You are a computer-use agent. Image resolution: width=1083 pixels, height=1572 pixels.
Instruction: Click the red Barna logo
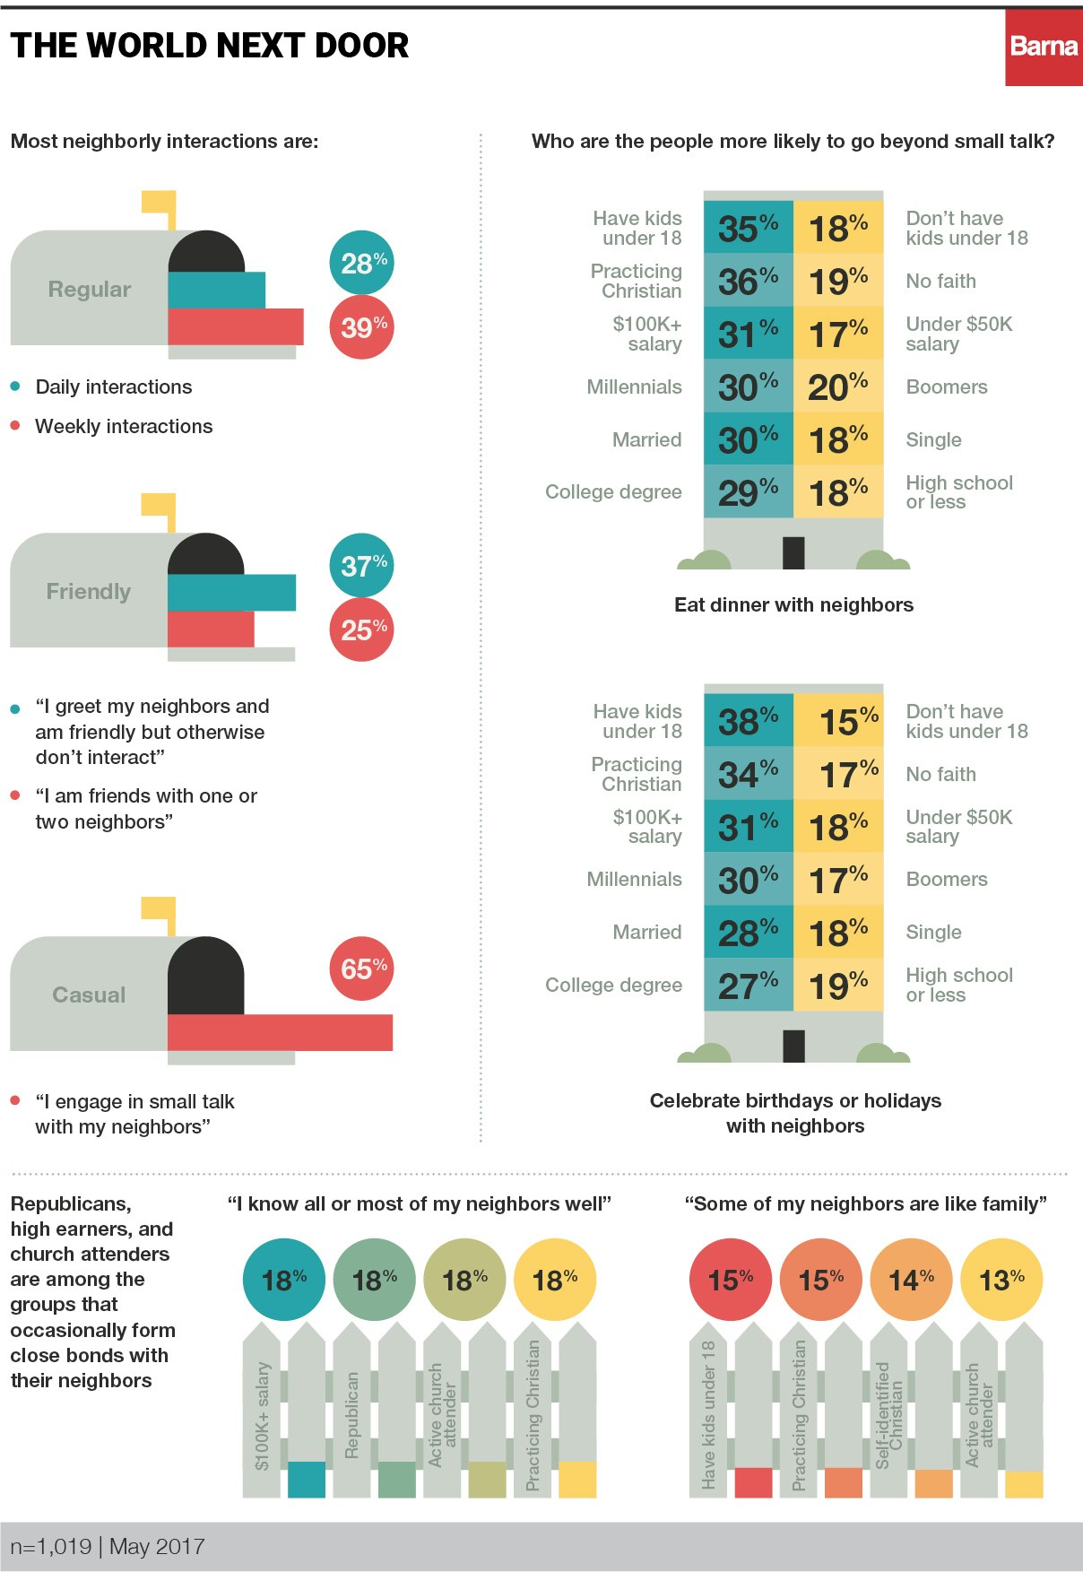click(x=1043, y=48)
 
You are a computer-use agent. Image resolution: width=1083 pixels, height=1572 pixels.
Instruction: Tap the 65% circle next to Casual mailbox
click(x=362, y=968)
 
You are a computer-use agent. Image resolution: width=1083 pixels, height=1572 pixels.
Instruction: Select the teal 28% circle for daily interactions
click(x=362, y=263)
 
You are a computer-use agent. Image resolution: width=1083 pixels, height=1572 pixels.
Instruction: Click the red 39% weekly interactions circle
click(x=362, y=327)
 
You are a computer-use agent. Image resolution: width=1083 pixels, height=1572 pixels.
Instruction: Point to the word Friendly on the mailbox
click(x=89, y=592)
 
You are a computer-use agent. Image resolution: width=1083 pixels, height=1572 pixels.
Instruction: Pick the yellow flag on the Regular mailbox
click(x=160, y=204)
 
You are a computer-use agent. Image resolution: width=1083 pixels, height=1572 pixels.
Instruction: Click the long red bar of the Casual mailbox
click(x=280, y=1032)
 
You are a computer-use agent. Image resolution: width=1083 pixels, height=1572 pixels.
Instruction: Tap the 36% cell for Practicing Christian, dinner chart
click(x=748, y=281)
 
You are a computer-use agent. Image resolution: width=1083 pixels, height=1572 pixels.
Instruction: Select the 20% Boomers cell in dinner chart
click(x=838, y=386)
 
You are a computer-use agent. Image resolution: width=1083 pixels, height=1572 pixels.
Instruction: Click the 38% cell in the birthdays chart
click(x=748, y=720)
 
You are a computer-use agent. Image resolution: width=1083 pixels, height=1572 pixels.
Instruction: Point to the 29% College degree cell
click(x=748, y=492)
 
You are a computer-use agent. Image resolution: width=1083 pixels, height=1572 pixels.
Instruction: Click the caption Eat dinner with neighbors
click(x=793, y=604)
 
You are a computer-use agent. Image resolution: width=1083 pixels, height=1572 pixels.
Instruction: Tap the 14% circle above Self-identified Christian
click(x=911, y=1280)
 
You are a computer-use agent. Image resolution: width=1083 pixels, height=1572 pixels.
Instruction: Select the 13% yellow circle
click(x=1001, y=1280)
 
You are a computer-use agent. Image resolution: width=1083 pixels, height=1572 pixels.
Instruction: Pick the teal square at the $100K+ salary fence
click(x=307, y=1480)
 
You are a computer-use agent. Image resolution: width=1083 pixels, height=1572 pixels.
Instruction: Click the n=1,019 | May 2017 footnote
click(x=108, y=1546)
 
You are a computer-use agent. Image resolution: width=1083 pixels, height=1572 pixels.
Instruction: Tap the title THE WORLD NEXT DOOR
click(x=210, y=45)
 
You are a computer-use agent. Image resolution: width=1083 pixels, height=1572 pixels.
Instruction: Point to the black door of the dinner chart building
click(x=793, y=552)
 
